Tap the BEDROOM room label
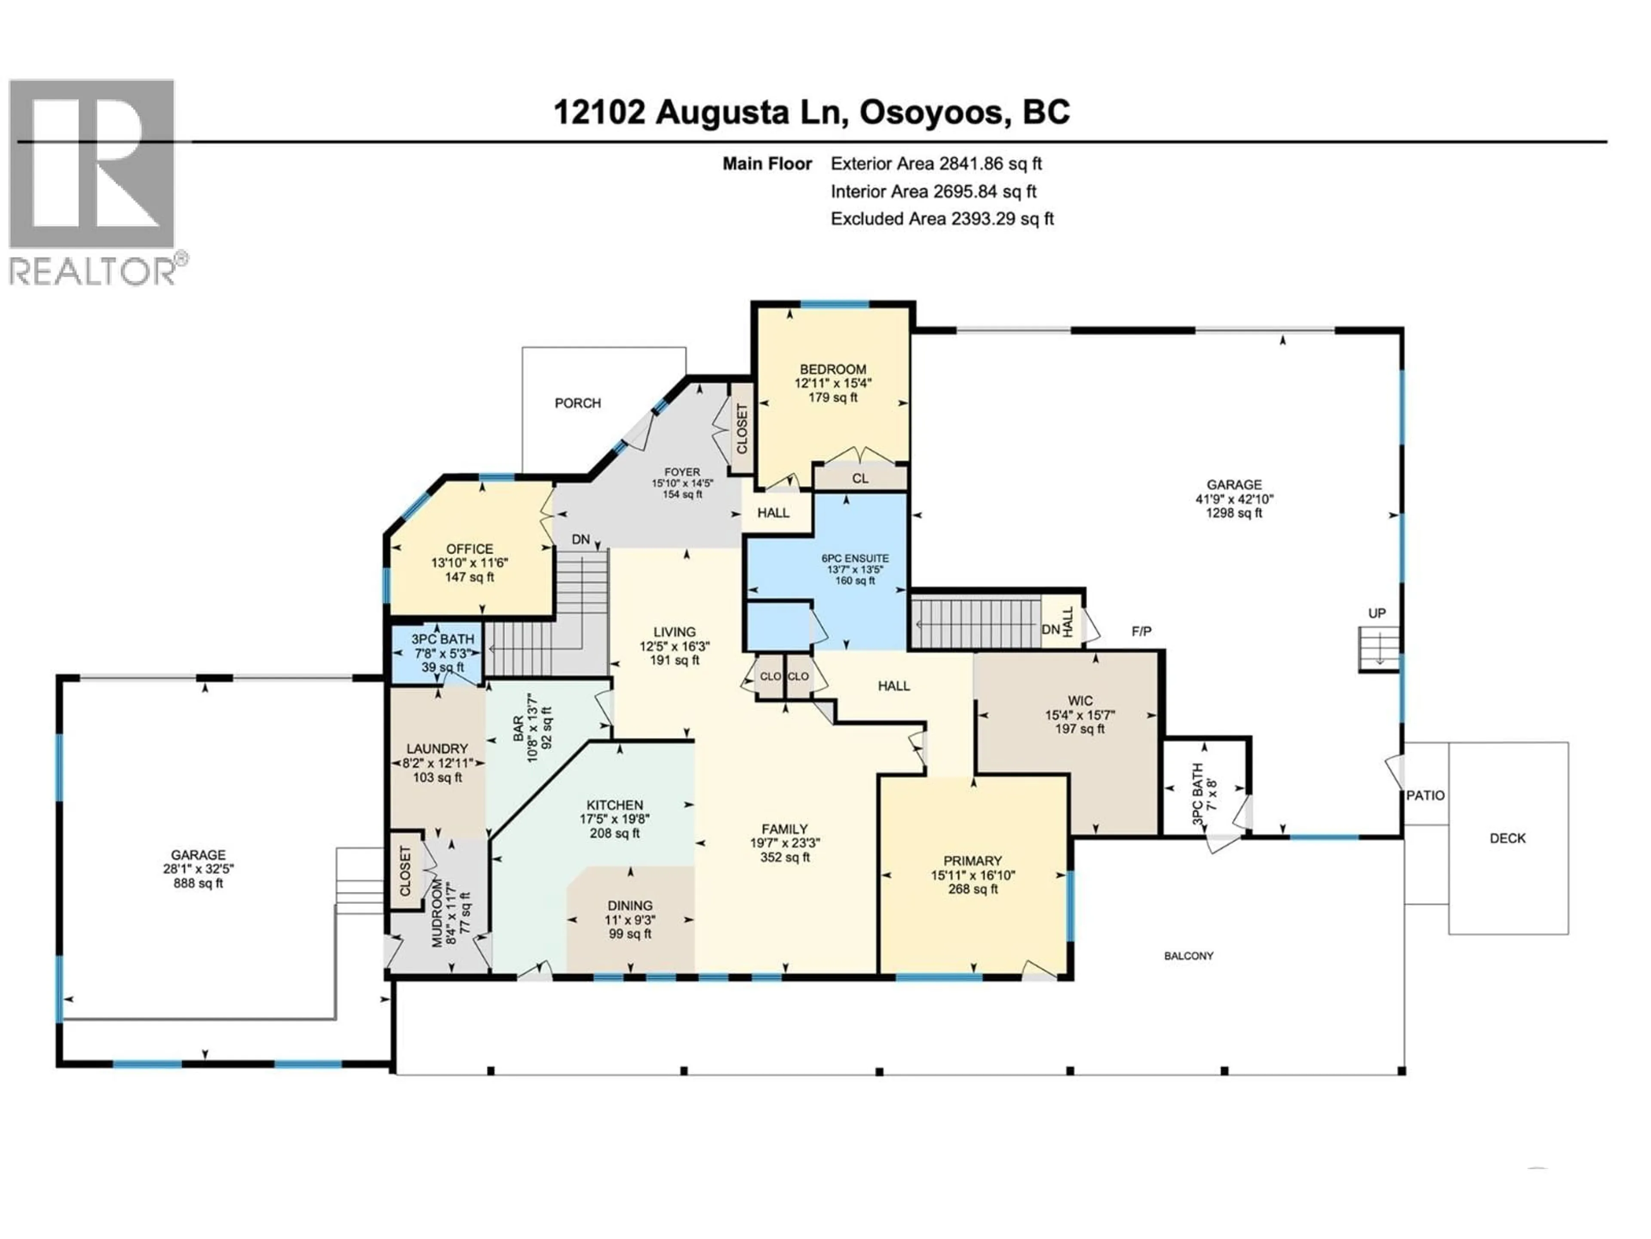pyautogui.click(x=833, y=369)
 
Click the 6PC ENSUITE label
pyautogui.click(x=855, y=558)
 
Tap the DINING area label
pyautogui.click(x=630, y=905)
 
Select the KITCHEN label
pyautogui.click(x=614, y=805)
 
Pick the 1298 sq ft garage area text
pyautogui.click(x=1234, y=513)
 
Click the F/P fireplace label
pyautogui.click(x=1141, y=632)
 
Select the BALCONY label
pyautogui.click(x=1188, y=956)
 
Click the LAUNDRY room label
pyautogui.click(x=437, y=748)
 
